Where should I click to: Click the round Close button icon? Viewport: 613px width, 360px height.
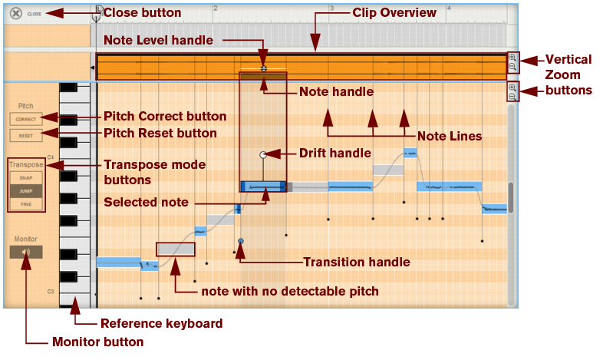(x=15, y=13)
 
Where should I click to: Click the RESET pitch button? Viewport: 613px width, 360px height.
(x=26, y=135)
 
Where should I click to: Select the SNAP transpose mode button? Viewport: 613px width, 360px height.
(x=26, y=177)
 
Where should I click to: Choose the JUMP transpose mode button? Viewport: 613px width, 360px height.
(x=26, y=190)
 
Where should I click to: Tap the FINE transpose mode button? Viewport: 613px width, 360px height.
(x=26, y=204)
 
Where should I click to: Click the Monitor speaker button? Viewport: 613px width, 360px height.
(x=26, y=251)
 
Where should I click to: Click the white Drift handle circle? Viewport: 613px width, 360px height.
(x=263, y=154)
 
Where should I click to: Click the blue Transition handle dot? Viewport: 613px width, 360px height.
(x=241, y=241)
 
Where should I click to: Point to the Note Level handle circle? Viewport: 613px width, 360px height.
(x=263, y=68)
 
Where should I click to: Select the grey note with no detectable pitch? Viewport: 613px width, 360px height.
(x=176, y=248)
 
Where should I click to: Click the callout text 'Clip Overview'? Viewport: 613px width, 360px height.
(x=394, y=13)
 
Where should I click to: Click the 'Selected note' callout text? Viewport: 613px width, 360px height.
(x=147, y=203)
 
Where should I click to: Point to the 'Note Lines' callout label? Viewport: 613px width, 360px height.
(x=449, y=137)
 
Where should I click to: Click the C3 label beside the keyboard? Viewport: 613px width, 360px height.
(x=51, y=292)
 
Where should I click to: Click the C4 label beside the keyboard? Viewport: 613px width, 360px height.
(x=51, y=157)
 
